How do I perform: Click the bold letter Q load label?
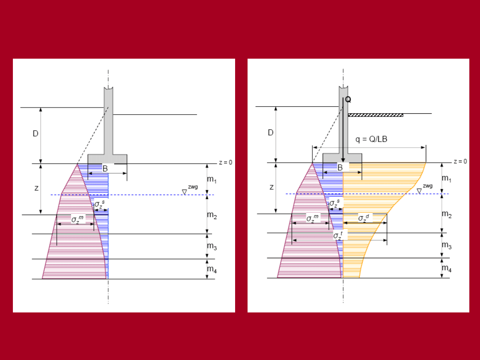(x=348, y=100)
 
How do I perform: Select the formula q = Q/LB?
(x=371, y=139)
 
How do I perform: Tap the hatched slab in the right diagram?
(x=376, y=115)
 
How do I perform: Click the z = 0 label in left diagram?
(x=226, y=163)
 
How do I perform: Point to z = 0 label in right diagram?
(x=460, y=162)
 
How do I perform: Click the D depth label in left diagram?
(x=36, y=134)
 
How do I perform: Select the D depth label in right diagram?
(x=271, y=133)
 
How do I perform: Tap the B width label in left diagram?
(x=105, y=169)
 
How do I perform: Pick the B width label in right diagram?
(x=340, y=168)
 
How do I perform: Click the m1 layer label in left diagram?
(x=212, y=180)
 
